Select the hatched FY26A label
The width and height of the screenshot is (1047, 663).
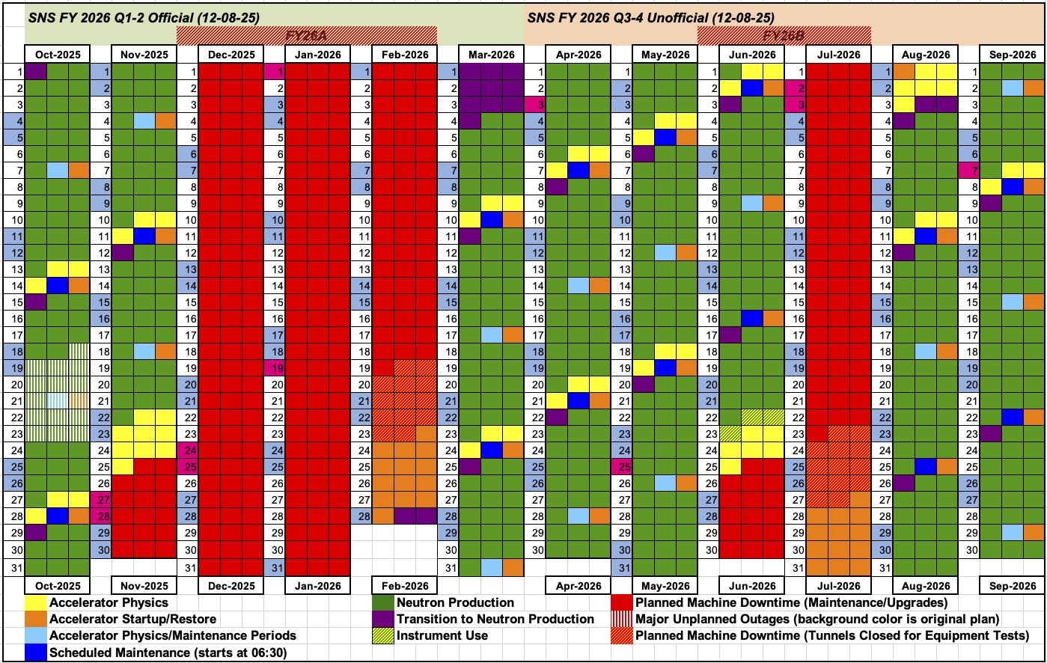pos(307,35)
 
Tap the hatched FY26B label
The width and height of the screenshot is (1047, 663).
pos(784,35)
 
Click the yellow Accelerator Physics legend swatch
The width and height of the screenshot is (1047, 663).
pos(36,602)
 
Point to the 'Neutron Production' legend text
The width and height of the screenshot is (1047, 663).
pos(455,602)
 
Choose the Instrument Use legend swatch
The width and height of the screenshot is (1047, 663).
pos(384,635)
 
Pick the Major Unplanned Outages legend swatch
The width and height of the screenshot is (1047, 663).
pos(622,619)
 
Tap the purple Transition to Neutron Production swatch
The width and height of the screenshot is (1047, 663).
pos(384,619)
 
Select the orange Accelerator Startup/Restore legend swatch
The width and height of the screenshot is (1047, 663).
pos(36,619)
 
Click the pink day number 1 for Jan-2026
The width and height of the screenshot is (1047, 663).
pos(274,72)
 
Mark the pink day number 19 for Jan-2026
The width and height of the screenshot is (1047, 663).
pos(274,368)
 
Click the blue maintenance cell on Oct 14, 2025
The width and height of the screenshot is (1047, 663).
pos(58,285)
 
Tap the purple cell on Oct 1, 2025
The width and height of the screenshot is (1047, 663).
pos(36,72)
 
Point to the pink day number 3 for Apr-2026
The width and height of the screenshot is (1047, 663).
pos(534,104)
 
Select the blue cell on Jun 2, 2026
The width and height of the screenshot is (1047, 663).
pos(751,88)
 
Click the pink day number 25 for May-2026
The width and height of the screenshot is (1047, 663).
pos(621,467)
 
